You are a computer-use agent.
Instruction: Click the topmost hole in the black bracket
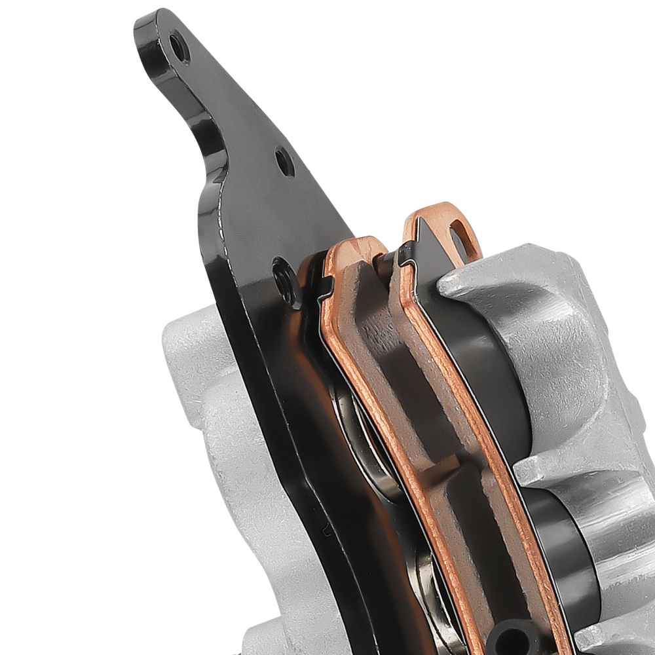[x=176, y=45]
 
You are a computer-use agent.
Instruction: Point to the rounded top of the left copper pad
[x=357, y=246]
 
